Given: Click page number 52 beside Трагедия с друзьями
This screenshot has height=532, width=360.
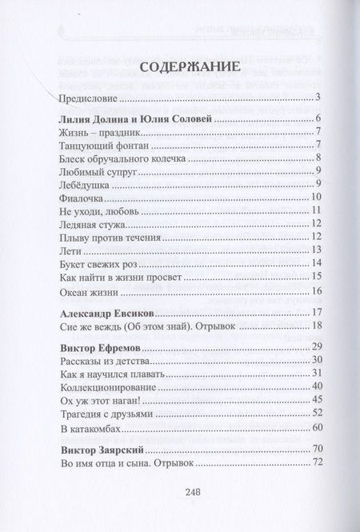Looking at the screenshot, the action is pos(317,413).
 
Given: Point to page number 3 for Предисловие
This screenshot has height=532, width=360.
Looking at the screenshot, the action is pos(318,98).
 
